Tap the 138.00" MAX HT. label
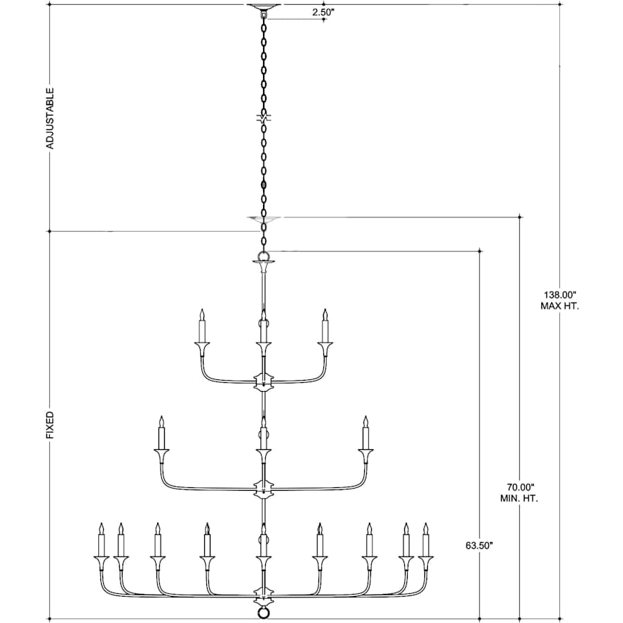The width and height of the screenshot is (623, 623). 559,300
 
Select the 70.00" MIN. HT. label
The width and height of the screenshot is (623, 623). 520,492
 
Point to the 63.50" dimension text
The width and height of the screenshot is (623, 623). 479,545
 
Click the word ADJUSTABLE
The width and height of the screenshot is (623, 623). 50,118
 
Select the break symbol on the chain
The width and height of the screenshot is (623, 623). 262,118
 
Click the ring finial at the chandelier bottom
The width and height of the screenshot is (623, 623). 262,613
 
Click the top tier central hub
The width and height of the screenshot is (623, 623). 262,380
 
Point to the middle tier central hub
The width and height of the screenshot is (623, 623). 262,489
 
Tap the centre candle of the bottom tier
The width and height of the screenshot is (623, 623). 262,541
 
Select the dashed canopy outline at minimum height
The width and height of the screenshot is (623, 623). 262,219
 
